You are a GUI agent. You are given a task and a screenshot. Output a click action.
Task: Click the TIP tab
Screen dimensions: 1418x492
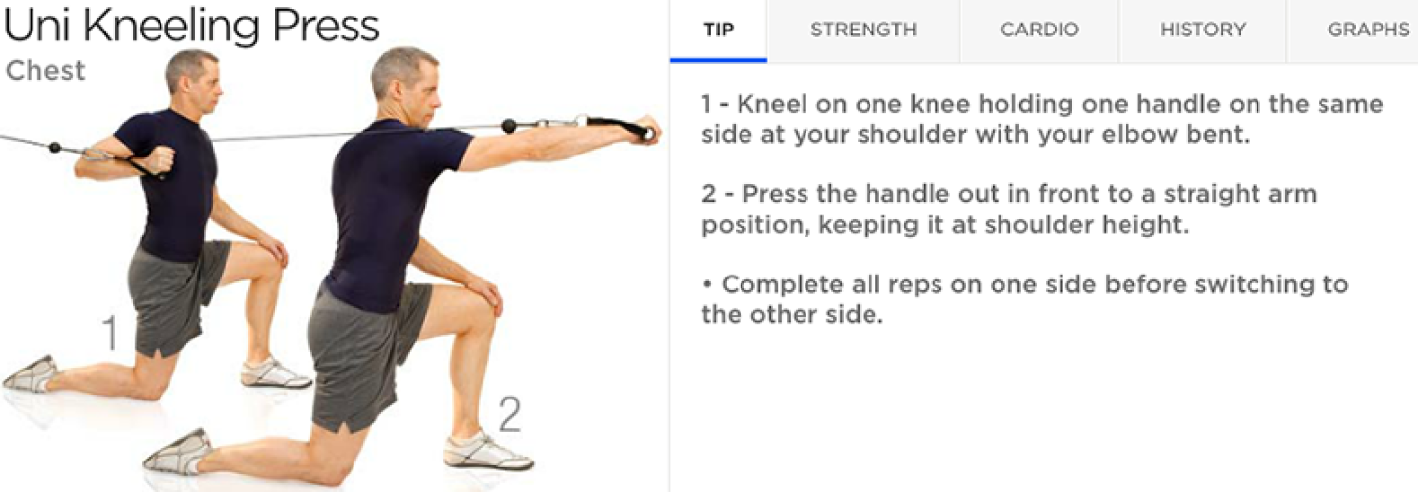[x=719, y=30]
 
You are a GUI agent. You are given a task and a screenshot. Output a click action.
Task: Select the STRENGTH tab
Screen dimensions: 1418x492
[x=864, y=30]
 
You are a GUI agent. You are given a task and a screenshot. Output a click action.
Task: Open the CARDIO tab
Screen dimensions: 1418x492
[x=1040, y=30]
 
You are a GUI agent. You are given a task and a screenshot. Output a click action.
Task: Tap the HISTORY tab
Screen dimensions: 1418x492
[x=1202, y=30]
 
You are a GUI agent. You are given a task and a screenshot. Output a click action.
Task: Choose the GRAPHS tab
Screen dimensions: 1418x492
[x=1368, y=30]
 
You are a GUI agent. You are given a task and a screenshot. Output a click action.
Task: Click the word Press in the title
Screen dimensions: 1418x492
[x=326, y=26]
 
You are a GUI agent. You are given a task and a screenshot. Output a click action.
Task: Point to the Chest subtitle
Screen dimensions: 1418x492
[x=45, y=70]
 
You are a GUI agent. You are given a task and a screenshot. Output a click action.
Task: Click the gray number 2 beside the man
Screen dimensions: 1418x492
[x=510, y=413]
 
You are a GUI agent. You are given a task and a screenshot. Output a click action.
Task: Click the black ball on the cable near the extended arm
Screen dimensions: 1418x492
[x=509, y=126]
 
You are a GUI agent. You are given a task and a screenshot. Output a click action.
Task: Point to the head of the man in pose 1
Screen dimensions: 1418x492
[x=192, y=79]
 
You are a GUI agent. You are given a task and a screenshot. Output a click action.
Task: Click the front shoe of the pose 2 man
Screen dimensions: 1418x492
[x=486, y=451]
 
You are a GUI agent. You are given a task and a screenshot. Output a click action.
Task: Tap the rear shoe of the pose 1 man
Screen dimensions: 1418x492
[x=31, y=374]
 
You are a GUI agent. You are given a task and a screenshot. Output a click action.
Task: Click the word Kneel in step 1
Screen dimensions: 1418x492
[x=770, y=104]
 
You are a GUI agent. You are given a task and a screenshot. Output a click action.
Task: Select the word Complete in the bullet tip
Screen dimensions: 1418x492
[x=783, y=285]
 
